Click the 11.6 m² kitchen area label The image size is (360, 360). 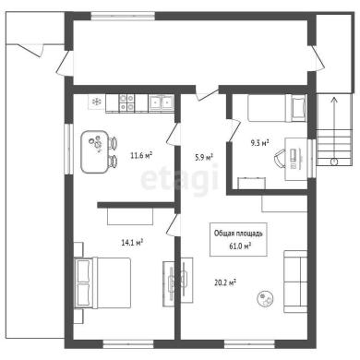pos(141,155)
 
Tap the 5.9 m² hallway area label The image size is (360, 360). pos(204,158)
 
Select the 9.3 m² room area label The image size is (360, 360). pos(259,143)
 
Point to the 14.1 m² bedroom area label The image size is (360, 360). pos(133,243)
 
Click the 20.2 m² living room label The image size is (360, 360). pos(225,282)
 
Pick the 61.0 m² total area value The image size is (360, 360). pos(240,246)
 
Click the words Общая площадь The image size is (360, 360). pos(238,234)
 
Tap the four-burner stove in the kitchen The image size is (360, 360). pos(126,102)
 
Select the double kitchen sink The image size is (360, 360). pos(161,102)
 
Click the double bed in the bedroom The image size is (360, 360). pos(102,282)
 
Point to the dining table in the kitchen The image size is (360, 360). pos(95,151)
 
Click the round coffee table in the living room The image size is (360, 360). pos(266,298)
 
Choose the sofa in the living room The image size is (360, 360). pos(295,282)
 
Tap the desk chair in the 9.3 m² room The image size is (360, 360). pos(280,159)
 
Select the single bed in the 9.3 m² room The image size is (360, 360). pos(277,108)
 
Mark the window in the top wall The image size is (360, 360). pos(123,16)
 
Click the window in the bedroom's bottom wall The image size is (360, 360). pos(128,344)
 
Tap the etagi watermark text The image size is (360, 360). pos(180,180)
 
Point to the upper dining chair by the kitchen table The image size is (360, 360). pos(113,143)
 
